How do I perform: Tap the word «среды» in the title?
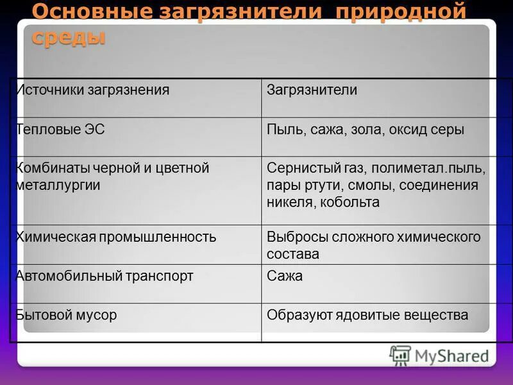tap(68, 37)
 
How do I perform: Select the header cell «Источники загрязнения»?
tap(93, 90)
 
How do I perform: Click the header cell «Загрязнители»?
tap(312, 90)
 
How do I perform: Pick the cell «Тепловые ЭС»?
tap(60, 130)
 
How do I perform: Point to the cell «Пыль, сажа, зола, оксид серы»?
tap(365, 130)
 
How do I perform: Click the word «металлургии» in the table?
tap(58, 185)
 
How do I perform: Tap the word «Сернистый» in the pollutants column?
tap(298, 168)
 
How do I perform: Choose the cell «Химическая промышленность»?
tap(116, 237)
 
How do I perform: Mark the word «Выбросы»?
tap(296, 237)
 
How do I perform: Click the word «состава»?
tap(293, 254)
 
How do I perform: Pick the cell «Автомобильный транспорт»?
tap(105, 277)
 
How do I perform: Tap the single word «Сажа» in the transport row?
tap(285, 277)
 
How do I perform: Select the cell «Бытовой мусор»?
tap(66, 316)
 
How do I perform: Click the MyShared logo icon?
tap(400, 355)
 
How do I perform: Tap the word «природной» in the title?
tap(413, 12)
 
